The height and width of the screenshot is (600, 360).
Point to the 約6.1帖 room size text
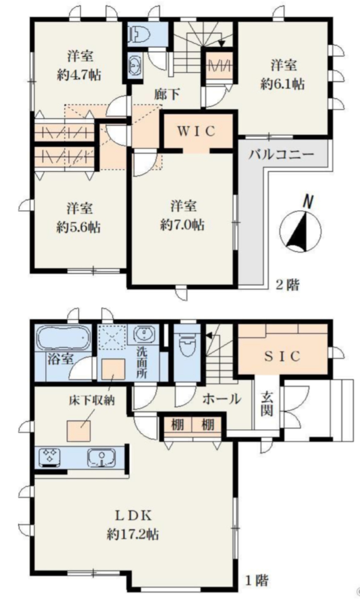click(283, 83)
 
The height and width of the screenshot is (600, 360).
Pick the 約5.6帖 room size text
click(78, 227)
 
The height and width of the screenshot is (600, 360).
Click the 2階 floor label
click(288, 285)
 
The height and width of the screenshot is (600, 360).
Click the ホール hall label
click(221, 400)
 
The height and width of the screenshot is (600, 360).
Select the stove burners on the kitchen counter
click(50, 457)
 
